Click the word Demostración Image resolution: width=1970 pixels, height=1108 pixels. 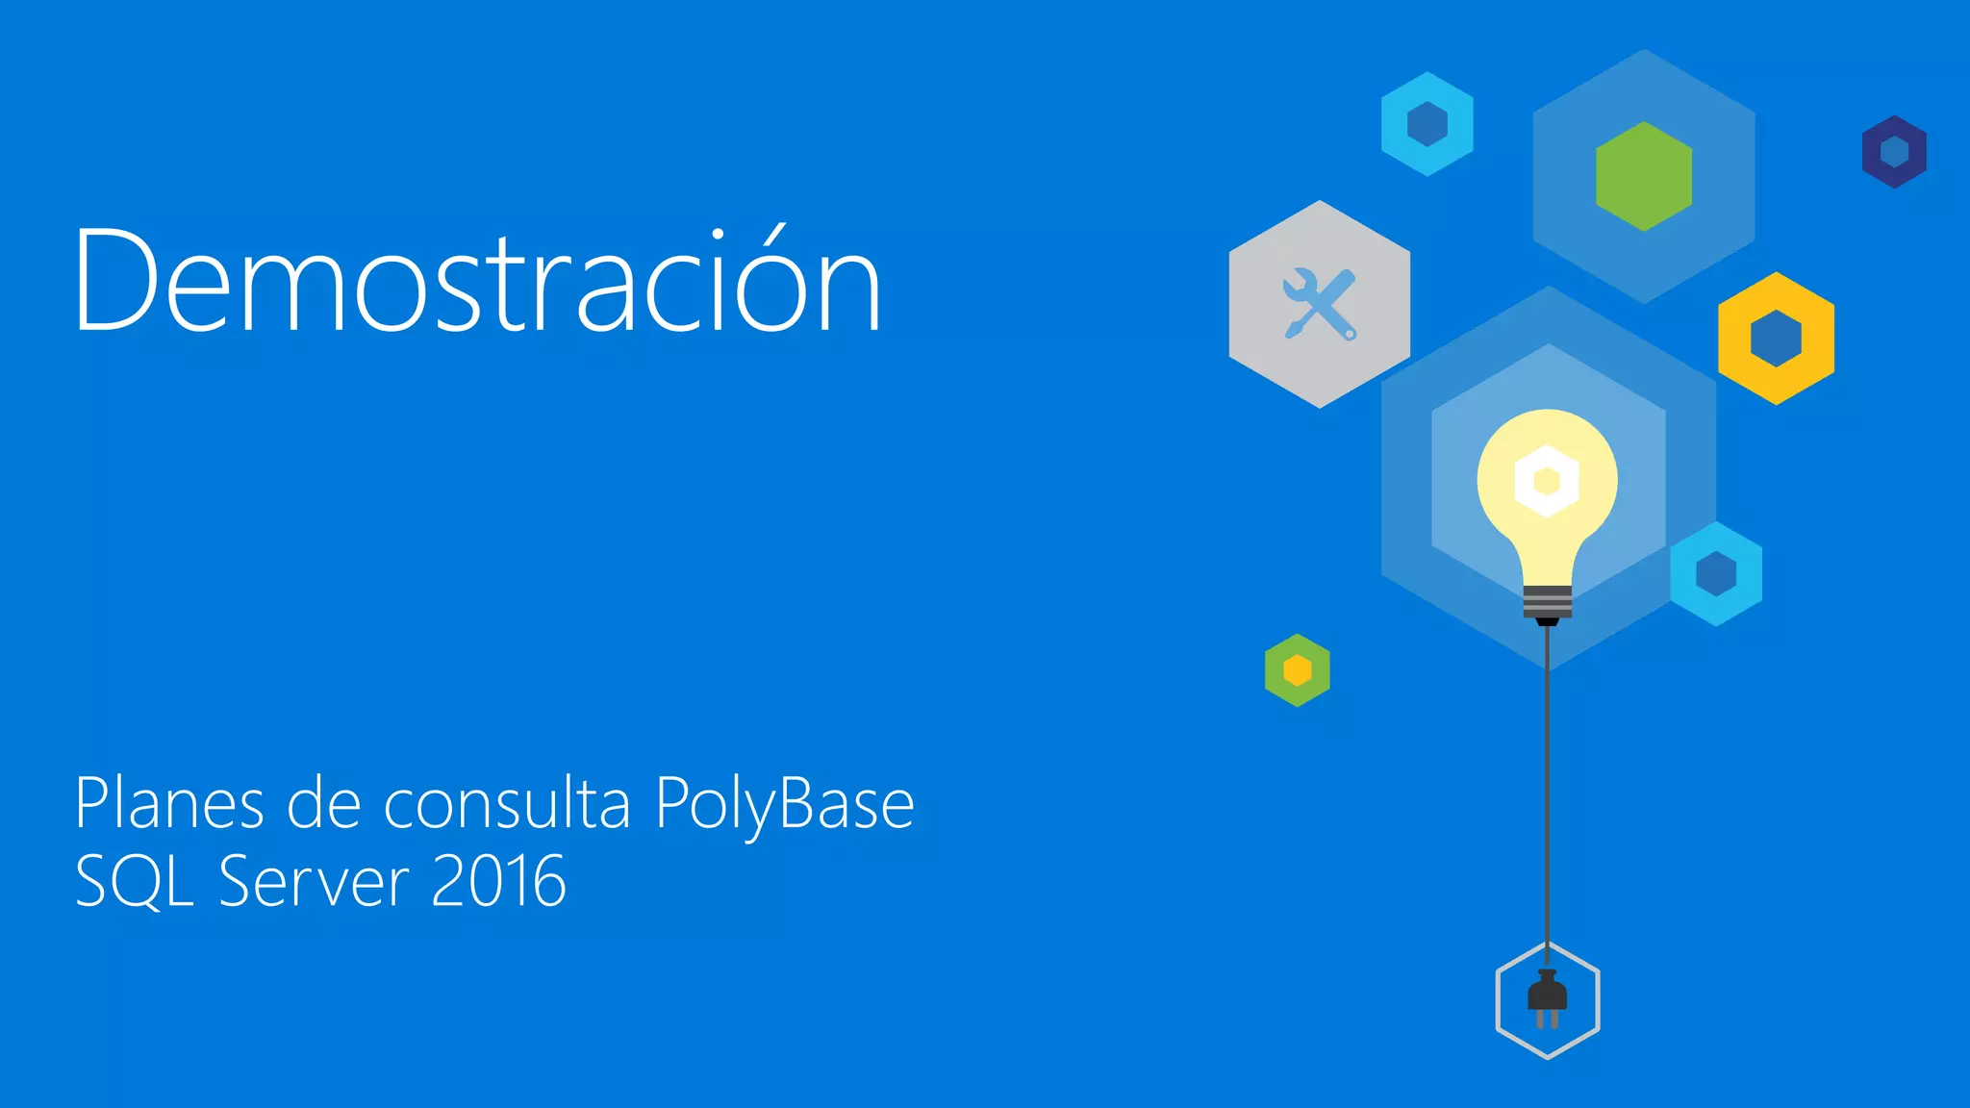[x=477, y=281]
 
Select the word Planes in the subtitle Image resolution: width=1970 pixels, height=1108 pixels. [x=169, y=804]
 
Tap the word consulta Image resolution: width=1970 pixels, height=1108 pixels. [x=507, y=804]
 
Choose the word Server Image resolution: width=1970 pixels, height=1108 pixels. [x=314, y=881]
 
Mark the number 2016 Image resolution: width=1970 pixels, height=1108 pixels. [x=498, y=881]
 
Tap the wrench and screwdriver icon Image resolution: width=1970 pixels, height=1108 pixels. [x=1320, y=304]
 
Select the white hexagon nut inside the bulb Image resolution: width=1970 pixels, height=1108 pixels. [x=1547, y=480]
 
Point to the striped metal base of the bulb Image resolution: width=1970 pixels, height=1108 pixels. [x=1547, y=602]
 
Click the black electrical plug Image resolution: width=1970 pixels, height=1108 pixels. [x=1547, y=996]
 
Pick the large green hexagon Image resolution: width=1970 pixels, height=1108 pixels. [x=1643, y=176]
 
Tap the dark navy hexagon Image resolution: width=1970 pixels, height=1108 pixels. [x=1894, y=152]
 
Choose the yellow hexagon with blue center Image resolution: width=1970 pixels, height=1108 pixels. [x=1776, y=338]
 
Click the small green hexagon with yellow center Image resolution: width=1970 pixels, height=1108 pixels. [x=1297, y=670]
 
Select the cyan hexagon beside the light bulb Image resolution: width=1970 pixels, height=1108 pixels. [x=1716, y=574]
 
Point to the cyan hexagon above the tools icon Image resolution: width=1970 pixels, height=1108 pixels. [x=1427, y=124]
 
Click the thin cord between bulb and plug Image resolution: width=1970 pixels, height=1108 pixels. [x=1547, y=789]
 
